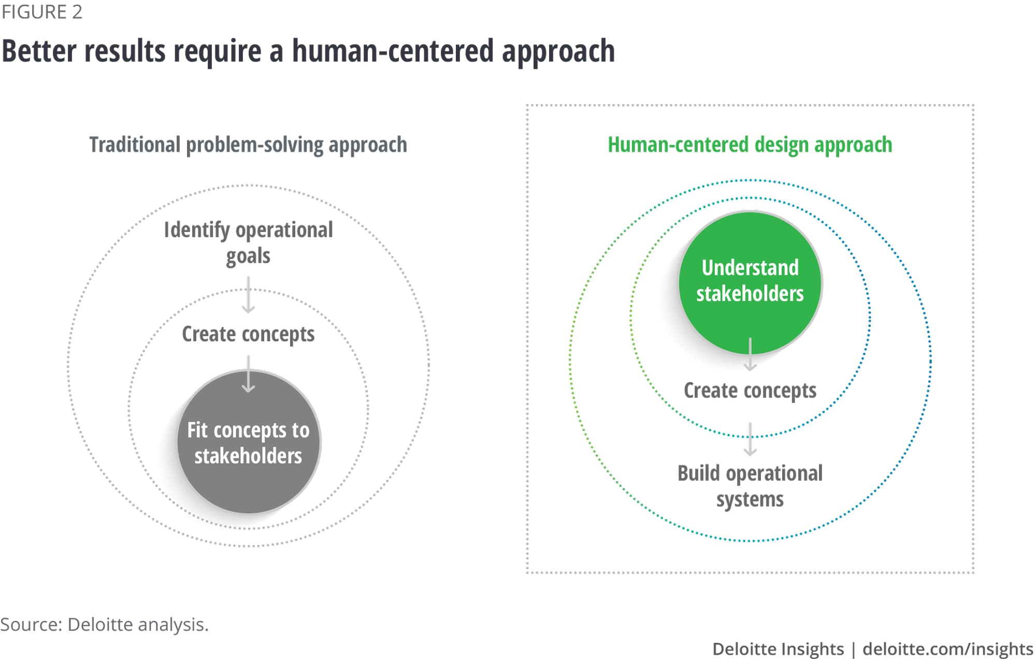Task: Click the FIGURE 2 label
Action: point(42,12)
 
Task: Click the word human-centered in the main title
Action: point(393,51)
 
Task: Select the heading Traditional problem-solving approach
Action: point(248,145)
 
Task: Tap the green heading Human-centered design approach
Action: point(750,145)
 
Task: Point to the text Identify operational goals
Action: point(248,242)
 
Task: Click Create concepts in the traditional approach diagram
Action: point(248,334)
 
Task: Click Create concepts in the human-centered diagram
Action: point(750,391)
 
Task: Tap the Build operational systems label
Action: point(750,486)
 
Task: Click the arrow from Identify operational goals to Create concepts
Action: point(248,295)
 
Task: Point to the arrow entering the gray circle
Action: point(248,374)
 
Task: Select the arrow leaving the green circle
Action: point(750,354)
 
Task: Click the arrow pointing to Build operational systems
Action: point(750,439)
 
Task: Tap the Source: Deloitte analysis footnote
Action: point(104,625)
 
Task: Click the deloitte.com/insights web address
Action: point(947,649)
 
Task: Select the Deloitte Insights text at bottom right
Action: point(778,649)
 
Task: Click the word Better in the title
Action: point(39,51)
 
